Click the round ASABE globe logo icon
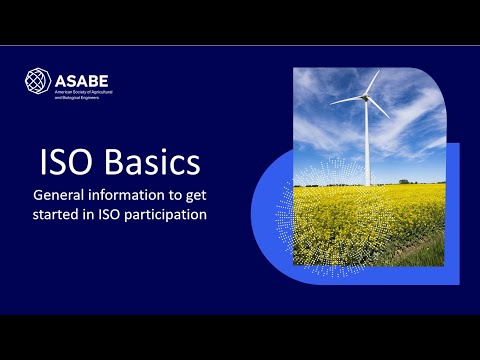tap(37, 80)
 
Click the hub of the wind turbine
tap(366, 97)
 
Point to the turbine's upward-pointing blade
tap(372, 83)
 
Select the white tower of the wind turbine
tap(367, 145)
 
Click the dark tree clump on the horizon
tap(404, 182)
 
